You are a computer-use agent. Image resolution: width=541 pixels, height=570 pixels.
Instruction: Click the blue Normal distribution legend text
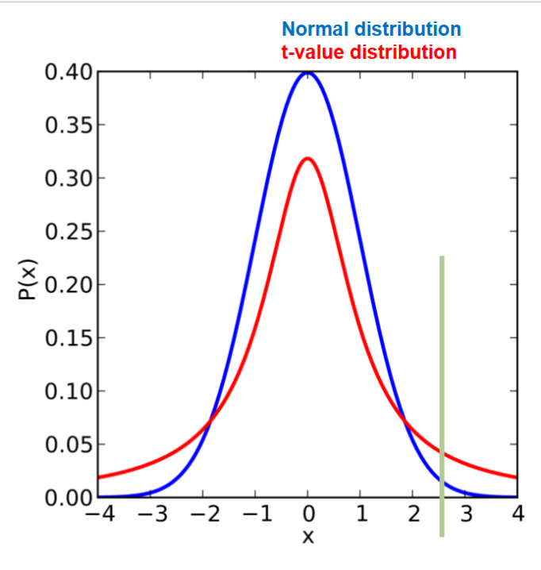pyautogui.click(x=371, y=29)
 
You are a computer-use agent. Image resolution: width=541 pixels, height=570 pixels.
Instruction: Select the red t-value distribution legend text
pyautogui.click(x=369, y=53)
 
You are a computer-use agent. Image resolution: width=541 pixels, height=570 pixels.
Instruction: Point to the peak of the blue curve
pyautogui.click(x=308, y=73)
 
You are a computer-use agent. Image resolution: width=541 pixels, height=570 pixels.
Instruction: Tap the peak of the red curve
pyautogui.click(x=308, y=158)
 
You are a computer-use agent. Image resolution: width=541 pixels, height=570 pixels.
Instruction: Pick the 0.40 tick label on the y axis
pyautogui.click(x=69, y=73)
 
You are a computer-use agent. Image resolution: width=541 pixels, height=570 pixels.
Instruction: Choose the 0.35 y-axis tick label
pyautogui.click(x=69, y=125)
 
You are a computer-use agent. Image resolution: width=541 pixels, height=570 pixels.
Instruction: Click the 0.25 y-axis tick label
pyautogui.click(x=69, y=232)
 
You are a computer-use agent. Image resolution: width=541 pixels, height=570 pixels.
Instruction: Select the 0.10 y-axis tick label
pyautogui.click(x=69, y=391)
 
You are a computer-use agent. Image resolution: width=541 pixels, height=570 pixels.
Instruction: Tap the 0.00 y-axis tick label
pyautogui.click(x=69, y=498)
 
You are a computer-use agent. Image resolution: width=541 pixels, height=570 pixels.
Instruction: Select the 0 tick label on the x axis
pyautogui.click(x=308, y=514)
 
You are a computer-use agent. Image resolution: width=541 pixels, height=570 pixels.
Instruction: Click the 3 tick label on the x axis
pyautogui.click(x=466, y=514)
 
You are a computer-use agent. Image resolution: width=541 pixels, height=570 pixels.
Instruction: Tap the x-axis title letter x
pyautogui.click(x=308, y=537)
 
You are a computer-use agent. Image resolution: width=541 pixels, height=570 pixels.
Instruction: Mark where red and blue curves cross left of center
pyautogui.click(x=210, y=425)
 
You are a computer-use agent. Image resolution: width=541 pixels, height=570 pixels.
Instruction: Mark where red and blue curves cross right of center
pyautogui.click(x=405, y=425)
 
